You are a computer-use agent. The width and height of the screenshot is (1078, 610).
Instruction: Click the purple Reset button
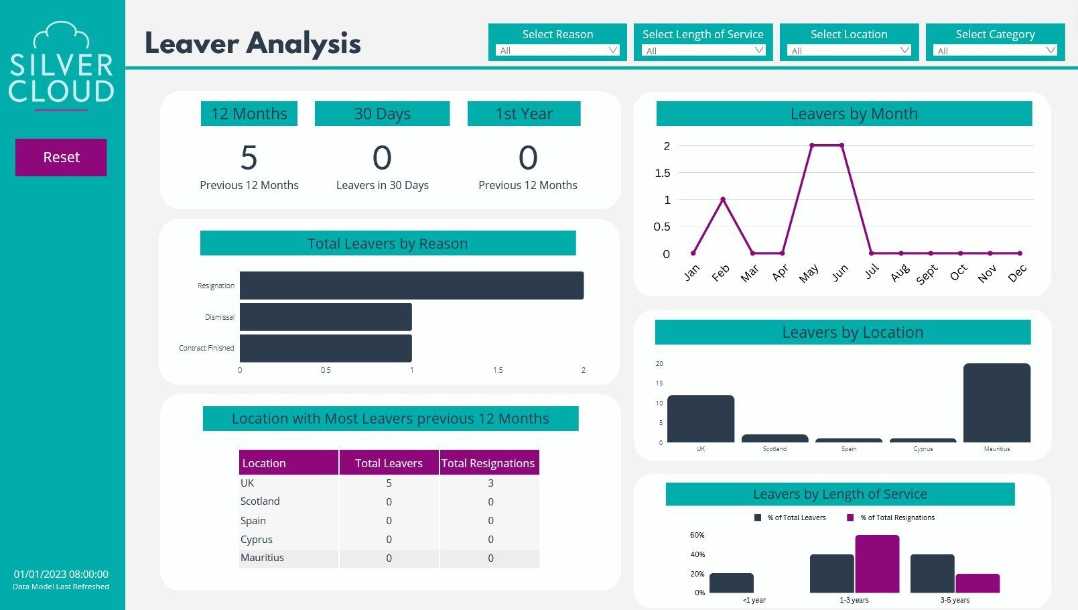[61, 158]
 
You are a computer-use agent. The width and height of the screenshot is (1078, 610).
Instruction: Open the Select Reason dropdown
[557, 50]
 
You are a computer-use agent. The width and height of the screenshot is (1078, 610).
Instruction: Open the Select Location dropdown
[849, 50]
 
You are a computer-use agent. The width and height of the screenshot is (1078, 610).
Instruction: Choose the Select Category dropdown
[995, 50]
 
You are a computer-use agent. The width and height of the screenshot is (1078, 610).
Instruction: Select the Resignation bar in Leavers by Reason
[411, 286]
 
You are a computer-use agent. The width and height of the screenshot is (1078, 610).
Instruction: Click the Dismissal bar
[326, 317]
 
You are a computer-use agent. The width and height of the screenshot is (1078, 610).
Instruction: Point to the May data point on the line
[812, 145]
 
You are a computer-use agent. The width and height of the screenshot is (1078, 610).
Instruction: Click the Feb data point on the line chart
[723, 199]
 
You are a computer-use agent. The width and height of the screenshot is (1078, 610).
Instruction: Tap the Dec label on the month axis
[1017, 273]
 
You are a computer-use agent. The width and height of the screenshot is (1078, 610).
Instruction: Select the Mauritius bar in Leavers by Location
[996, 403]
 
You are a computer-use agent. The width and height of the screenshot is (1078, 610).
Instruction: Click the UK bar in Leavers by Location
[700, 418]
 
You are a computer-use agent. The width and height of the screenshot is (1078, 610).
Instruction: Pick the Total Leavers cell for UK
[389, 483]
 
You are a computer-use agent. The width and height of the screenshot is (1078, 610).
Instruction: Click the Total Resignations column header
[488, 463]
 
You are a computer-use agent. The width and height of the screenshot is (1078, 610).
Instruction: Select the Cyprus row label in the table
[257, 540]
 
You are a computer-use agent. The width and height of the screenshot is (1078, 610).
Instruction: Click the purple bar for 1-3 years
[877, 564]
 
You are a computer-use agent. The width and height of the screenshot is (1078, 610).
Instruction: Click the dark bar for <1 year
[731, 583]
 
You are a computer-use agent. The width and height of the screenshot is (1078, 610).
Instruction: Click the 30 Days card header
[382, 114]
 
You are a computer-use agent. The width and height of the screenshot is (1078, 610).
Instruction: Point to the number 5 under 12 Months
[249, 158]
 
